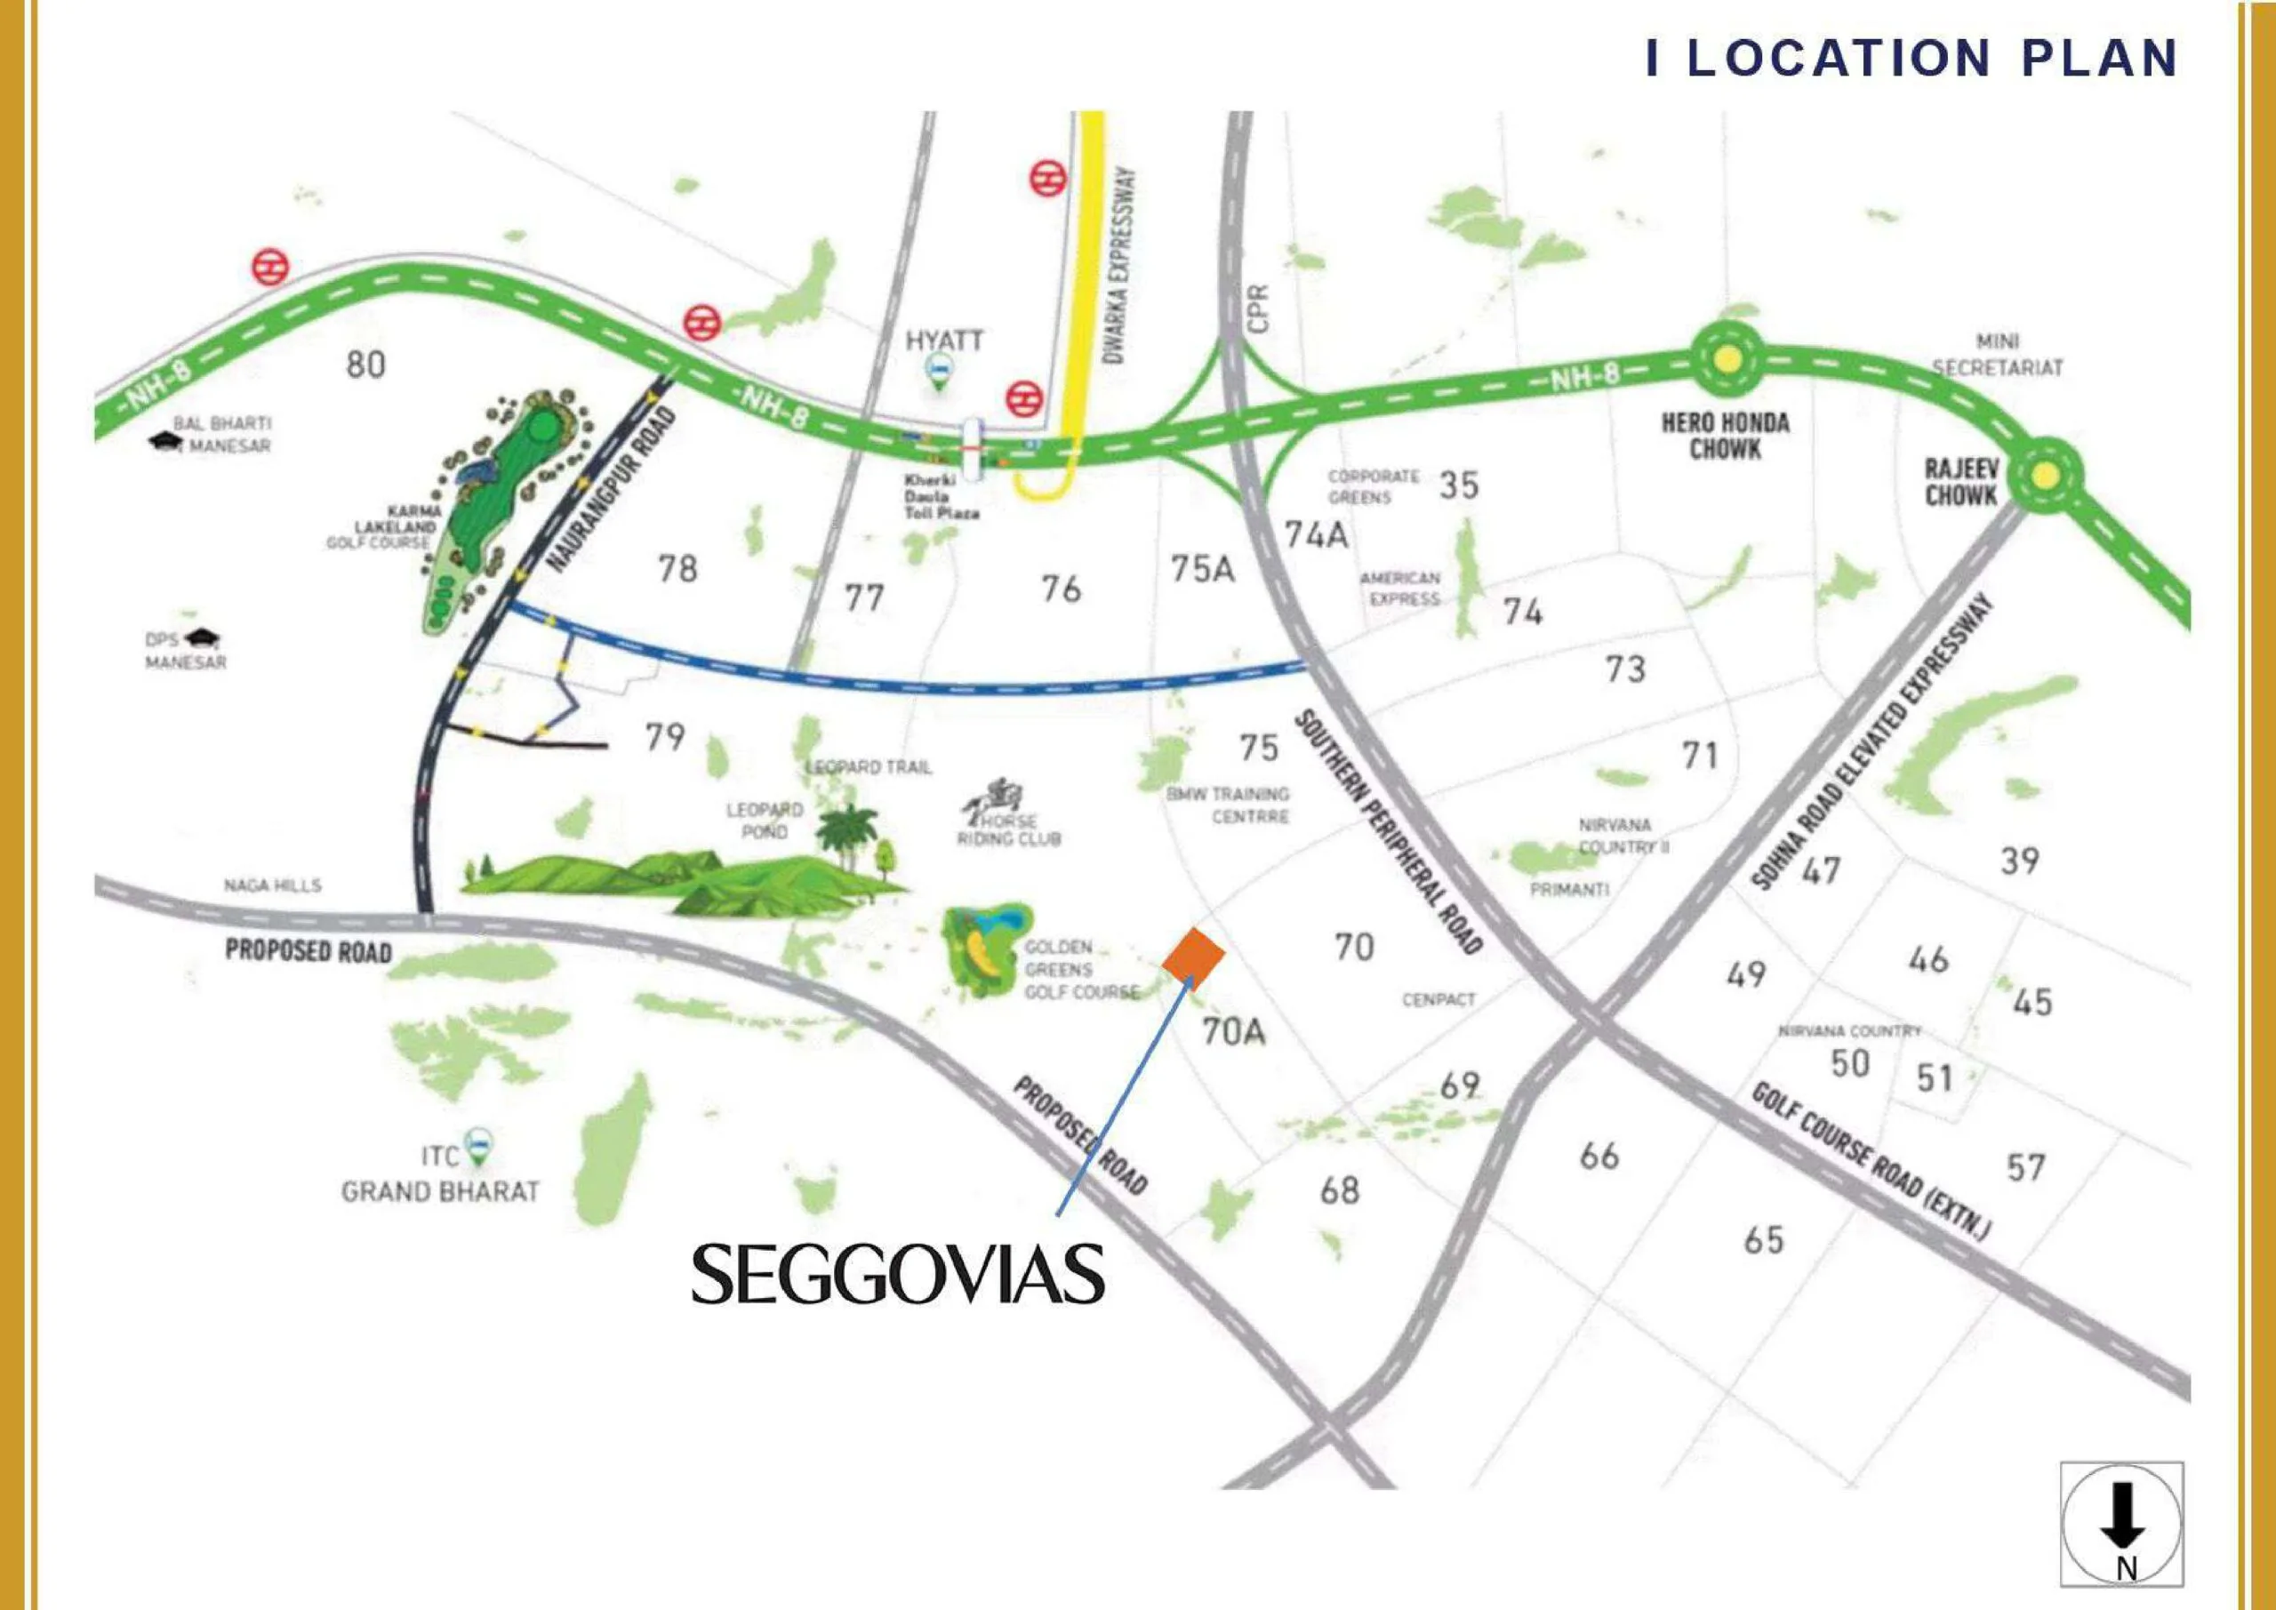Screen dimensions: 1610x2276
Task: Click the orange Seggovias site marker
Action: (x=1193, y=958)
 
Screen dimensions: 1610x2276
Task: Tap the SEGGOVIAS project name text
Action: (x=897, y=1275)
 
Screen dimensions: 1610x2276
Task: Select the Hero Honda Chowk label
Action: (x=1726, y=437)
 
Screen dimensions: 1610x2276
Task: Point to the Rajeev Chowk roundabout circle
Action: (x=2043, y=476)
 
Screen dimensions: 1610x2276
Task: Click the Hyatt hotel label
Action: (x=943, y=341)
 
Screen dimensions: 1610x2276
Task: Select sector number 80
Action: (x=365, y=364)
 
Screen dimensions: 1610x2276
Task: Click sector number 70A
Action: (x=1233, y=1032)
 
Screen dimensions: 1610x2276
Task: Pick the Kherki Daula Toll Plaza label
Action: (x=941, y=497)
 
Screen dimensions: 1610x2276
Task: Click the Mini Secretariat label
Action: (x=1998, y=354)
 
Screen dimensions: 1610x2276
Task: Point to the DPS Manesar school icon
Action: (x=208, y=638)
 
